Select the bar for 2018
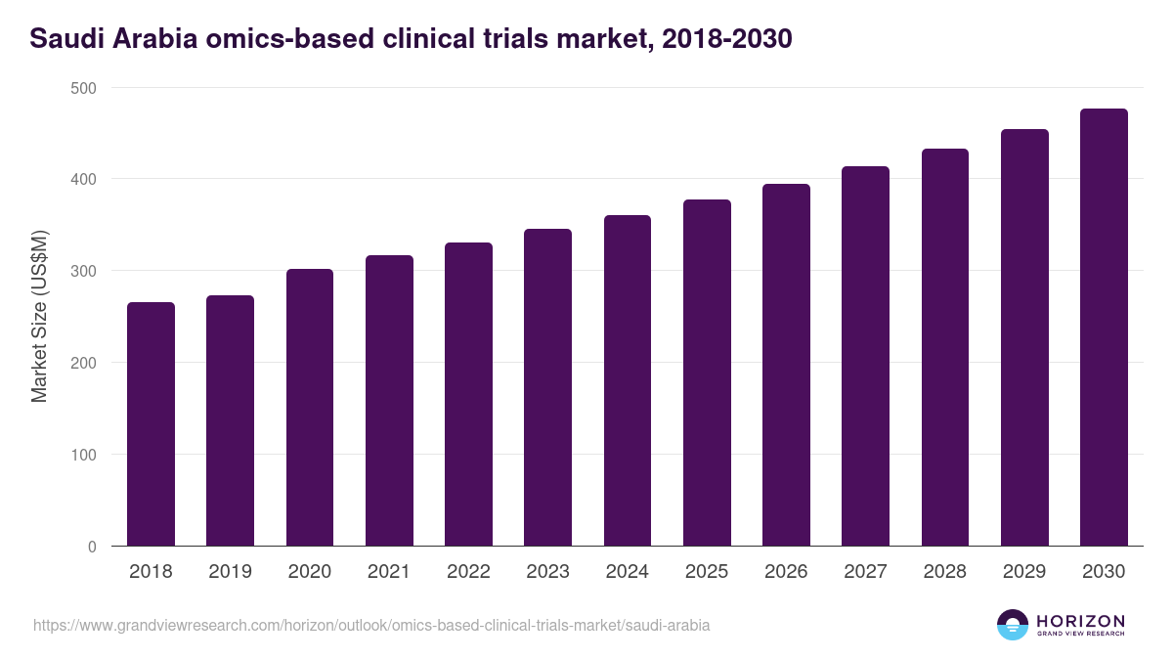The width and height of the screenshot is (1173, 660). [151, 424]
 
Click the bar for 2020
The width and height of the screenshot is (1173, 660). [310, 408]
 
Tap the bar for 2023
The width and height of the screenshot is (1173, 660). [547, 387]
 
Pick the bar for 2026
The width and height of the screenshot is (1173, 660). [786, 365]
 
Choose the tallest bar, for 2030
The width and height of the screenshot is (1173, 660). [1104, 328]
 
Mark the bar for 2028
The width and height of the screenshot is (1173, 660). [944, 347]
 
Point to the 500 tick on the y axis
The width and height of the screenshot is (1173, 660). [85, 88]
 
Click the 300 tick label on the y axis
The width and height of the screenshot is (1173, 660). [85, 271]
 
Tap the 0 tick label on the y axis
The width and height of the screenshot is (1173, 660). [92, 547]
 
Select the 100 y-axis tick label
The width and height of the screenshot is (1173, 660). [85, 455]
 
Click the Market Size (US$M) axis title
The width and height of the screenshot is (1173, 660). [40, 317]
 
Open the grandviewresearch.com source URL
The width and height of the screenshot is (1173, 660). [371, 625]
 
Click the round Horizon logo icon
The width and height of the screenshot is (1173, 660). [1013, 625]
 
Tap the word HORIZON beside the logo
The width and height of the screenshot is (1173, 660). [1080, 621]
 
